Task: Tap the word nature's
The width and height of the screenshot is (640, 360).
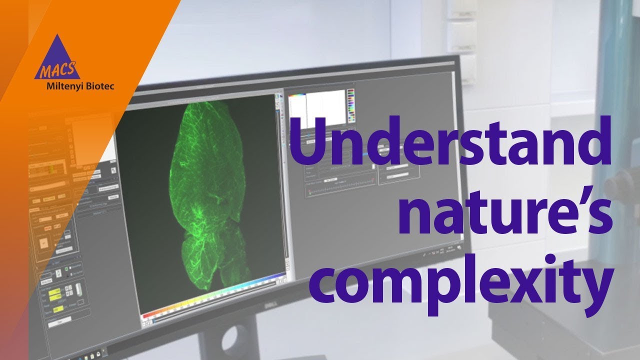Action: pyautogui.click(x=505, y=210)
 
